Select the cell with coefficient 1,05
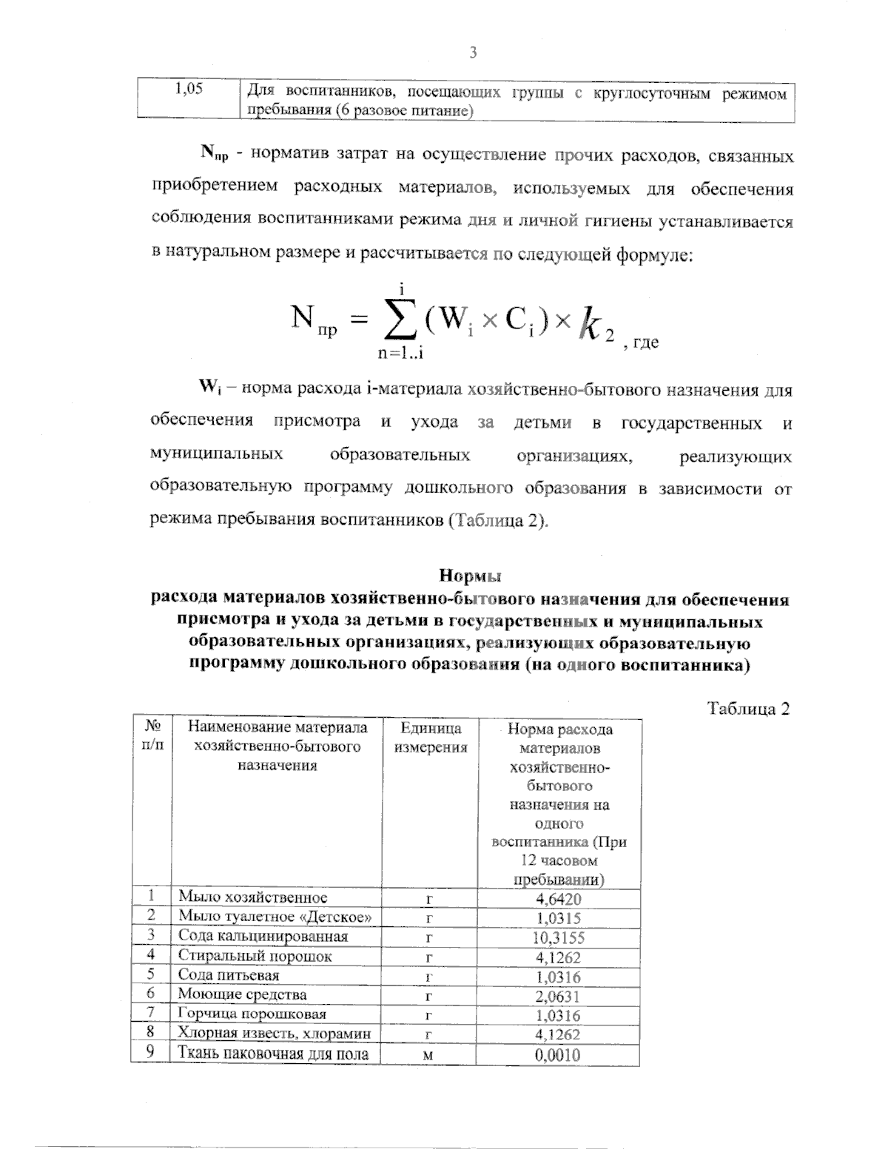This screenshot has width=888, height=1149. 188,91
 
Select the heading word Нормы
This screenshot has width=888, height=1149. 470,575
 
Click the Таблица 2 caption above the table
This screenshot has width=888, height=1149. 749,708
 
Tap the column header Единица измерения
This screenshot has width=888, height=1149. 430,738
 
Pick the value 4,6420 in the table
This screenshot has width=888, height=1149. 559,899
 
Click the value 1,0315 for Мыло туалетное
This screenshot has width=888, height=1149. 559,918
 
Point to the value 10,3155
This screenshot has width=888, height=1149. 559,937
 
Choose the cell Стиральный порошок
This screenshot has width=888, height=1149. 255,956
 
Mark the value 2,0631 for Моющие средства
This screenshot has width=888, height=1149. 559,996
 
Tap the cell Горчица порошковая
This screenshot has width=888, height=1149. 252,1014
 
